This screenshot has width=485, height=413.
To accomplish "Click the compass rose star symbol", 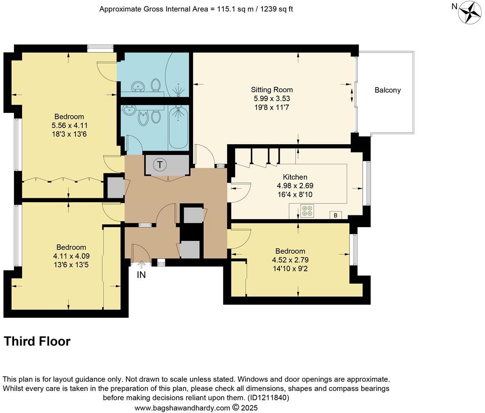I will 470,12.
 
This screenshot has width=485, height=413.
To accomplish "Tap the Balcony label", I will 387,90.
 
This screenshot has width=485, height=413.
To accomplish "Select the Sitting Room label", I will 272,90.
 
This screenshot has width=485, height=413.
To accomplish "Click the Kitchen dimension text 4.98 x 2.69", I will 295,186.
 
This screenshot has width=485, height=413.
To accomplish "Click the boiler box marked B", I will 335,215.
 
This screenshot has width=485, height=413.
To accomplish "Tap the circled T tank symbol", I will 160,165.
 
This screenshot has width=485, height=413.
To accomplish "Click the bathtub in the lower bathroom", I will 178,127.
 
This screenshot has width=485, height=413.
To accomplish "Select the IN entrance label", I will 141,275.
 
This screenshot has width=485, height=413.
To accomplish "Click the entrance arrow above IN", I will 141,264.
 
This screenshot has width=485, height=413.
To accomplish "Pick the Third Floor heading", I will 37,341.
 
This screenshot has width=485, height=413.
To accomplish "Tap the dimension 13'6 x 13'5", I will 71,265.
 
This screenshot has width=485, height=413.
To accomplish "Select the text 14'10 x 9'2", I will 290,268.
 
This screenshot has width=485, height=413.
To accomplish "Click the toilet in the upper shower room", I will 156,85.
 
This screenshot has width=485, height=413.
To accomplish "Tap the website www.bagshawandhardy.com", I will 182,408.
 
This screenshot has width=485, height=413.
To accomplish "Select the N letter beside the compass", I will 454,6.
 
